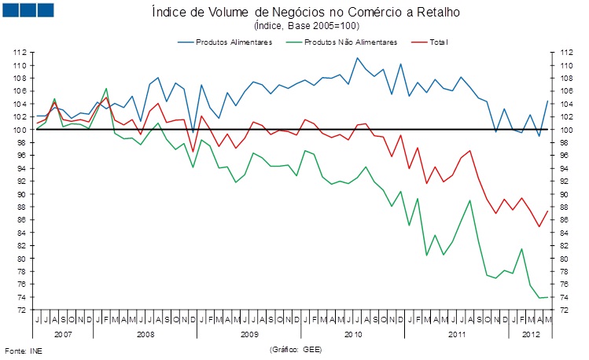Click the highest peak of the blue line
[x=358, y=58]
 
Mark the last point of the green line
[x=548, y=297]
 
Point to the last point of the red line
[x=548, y=211]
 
